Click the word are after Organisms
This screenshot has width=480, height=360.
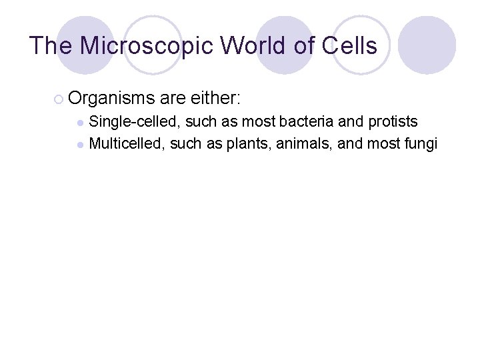[173, 99]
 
